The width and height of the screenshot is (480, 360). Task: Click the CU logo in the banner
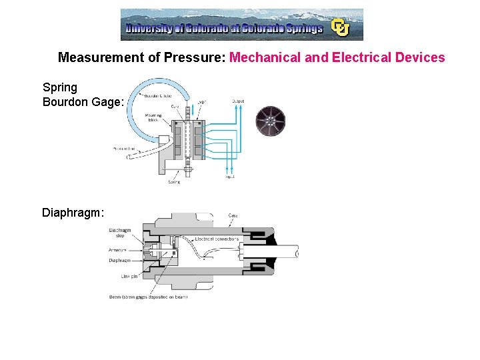coord(341,27)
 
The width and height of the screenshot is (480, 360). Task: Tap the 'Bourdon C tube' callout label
coord(157,97)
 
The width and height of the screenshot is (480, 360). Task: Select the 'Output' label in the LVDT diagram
coord(238,101)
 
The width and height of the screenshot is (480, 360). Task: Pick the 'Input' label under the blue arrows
coord(230,176)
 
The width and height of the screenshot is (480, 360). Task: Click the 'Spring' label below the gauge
coord(173,182)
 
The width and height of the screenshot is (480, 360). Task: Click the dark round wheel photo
coord(271,121)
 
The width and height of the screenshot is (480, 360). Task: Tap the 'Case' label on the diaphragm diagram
coord(233,216)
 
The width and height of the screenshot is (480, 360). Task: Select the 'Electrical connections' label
coord(217,238)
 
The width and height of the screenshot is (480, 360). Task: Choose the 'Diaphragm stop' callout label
coord(121,233)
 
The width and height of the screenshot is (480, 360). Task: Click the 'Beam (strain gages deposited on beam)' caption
coord(148,297)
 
